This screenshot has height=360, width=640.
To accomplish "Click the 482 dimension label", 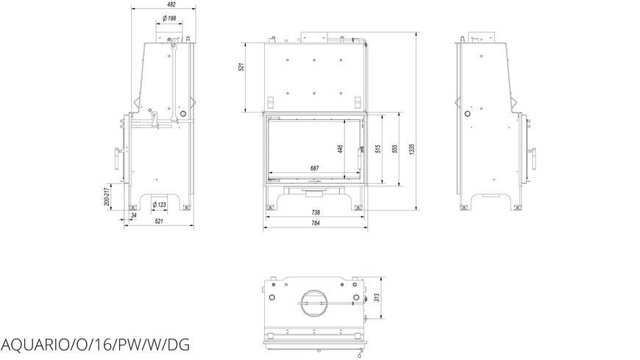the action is tap(171, 5).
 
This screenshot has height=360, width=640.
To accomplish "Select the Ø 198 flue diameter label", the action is tap(169, 18).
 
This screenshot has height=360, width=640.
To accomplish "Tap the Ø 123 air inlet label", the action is tap(159, 205).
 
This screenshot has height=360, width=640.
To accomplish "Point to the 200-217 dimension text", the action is tap(107, 197).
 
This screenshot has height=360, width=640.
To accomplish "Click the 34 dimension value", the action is tap(134, 215).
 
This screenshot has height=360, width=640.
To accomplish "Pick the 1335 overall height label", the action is tap(412, 149).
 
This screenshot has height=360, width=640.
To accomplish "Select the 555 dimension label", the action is tap(394, 149).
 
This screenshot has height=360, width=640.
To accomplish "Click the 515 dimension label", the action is tap(377, 149).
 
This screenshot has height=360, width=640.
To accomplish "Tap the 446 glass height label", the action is tap(340, 149).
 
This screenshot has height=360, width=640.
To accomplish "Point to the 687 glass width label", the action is tap(314, 168).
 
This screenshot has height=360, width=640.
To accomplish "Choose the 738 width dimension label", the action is tap(316, 213).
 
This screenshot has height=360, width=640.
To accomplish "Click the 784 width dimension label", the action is tap(316, 223).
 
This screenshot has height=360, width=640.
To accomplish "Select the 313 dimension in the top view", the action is tap(377, 297).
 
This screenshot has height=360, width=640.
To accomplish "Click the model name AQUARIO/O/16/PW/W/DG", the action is tap(95, 345).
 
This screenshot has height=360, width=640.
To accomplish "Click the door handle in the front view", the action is tap(360, 158).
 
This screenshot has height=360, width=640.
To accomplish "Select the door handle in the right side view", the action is tap(533, 158).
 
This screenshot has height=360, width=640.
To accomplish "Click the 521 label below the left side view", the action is tap(159, 221).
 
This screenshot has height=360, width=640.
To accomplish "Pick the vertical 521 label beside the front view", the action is tap(241, 67).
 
